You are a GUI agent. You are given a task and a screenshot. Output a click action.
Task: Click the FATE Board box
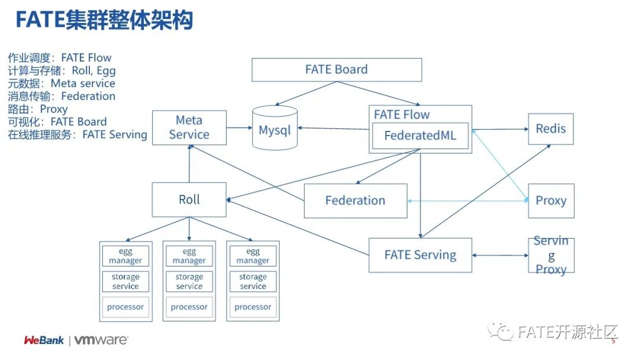(337, 70)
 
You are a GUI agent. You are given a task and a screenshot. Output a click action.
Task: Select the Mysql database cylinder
(275, 129)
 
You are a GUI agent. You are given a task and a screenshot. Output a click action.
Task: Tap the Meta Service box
(189, 127)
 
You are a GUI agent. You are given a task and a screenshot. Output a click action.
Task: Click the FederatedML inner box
(420, 136)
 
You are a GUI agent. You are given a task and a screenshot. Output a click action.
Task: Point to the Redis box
(551, 128)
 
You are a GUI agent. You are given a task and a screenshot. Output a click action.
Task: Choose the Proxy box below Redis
(551, 201)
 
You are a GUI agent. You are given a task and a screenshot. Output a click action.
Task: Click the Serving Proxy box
(551, 255)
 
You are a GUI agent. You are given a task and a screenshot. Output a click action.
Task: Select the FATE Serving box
(420, 255)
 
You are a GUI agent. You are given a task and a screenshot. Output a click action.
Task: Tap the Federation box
(355, 201)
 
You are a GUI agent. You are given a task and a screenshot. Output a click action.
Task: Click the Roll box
(189, 200)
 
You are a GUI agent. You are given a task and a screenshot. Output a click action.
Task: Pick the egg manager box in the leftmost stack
(125, 256)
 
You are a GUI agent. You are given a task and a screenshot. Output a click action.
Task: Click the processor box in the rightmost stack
(253, 307)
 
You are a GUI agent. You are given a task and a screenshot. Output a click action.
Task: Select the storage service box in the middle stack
(189, 281)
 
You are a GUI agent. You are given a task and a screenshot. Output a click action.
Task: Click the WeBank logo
(44, 340)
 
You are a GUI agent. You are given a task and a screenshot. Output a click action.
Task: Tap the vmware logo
(101, 340)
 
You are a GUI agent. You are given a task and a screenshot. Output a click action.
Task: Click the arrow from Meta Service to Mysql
(239, 127)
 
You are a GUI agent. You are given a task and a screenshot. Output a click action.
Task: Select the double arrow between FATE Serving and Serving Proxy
(500, 255)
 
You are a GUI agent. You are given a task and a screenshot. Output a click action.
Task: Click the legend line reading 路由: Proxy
(38, 109)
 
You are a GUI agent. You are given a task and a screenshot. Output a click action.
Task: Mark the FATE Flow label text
(402, 115)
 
